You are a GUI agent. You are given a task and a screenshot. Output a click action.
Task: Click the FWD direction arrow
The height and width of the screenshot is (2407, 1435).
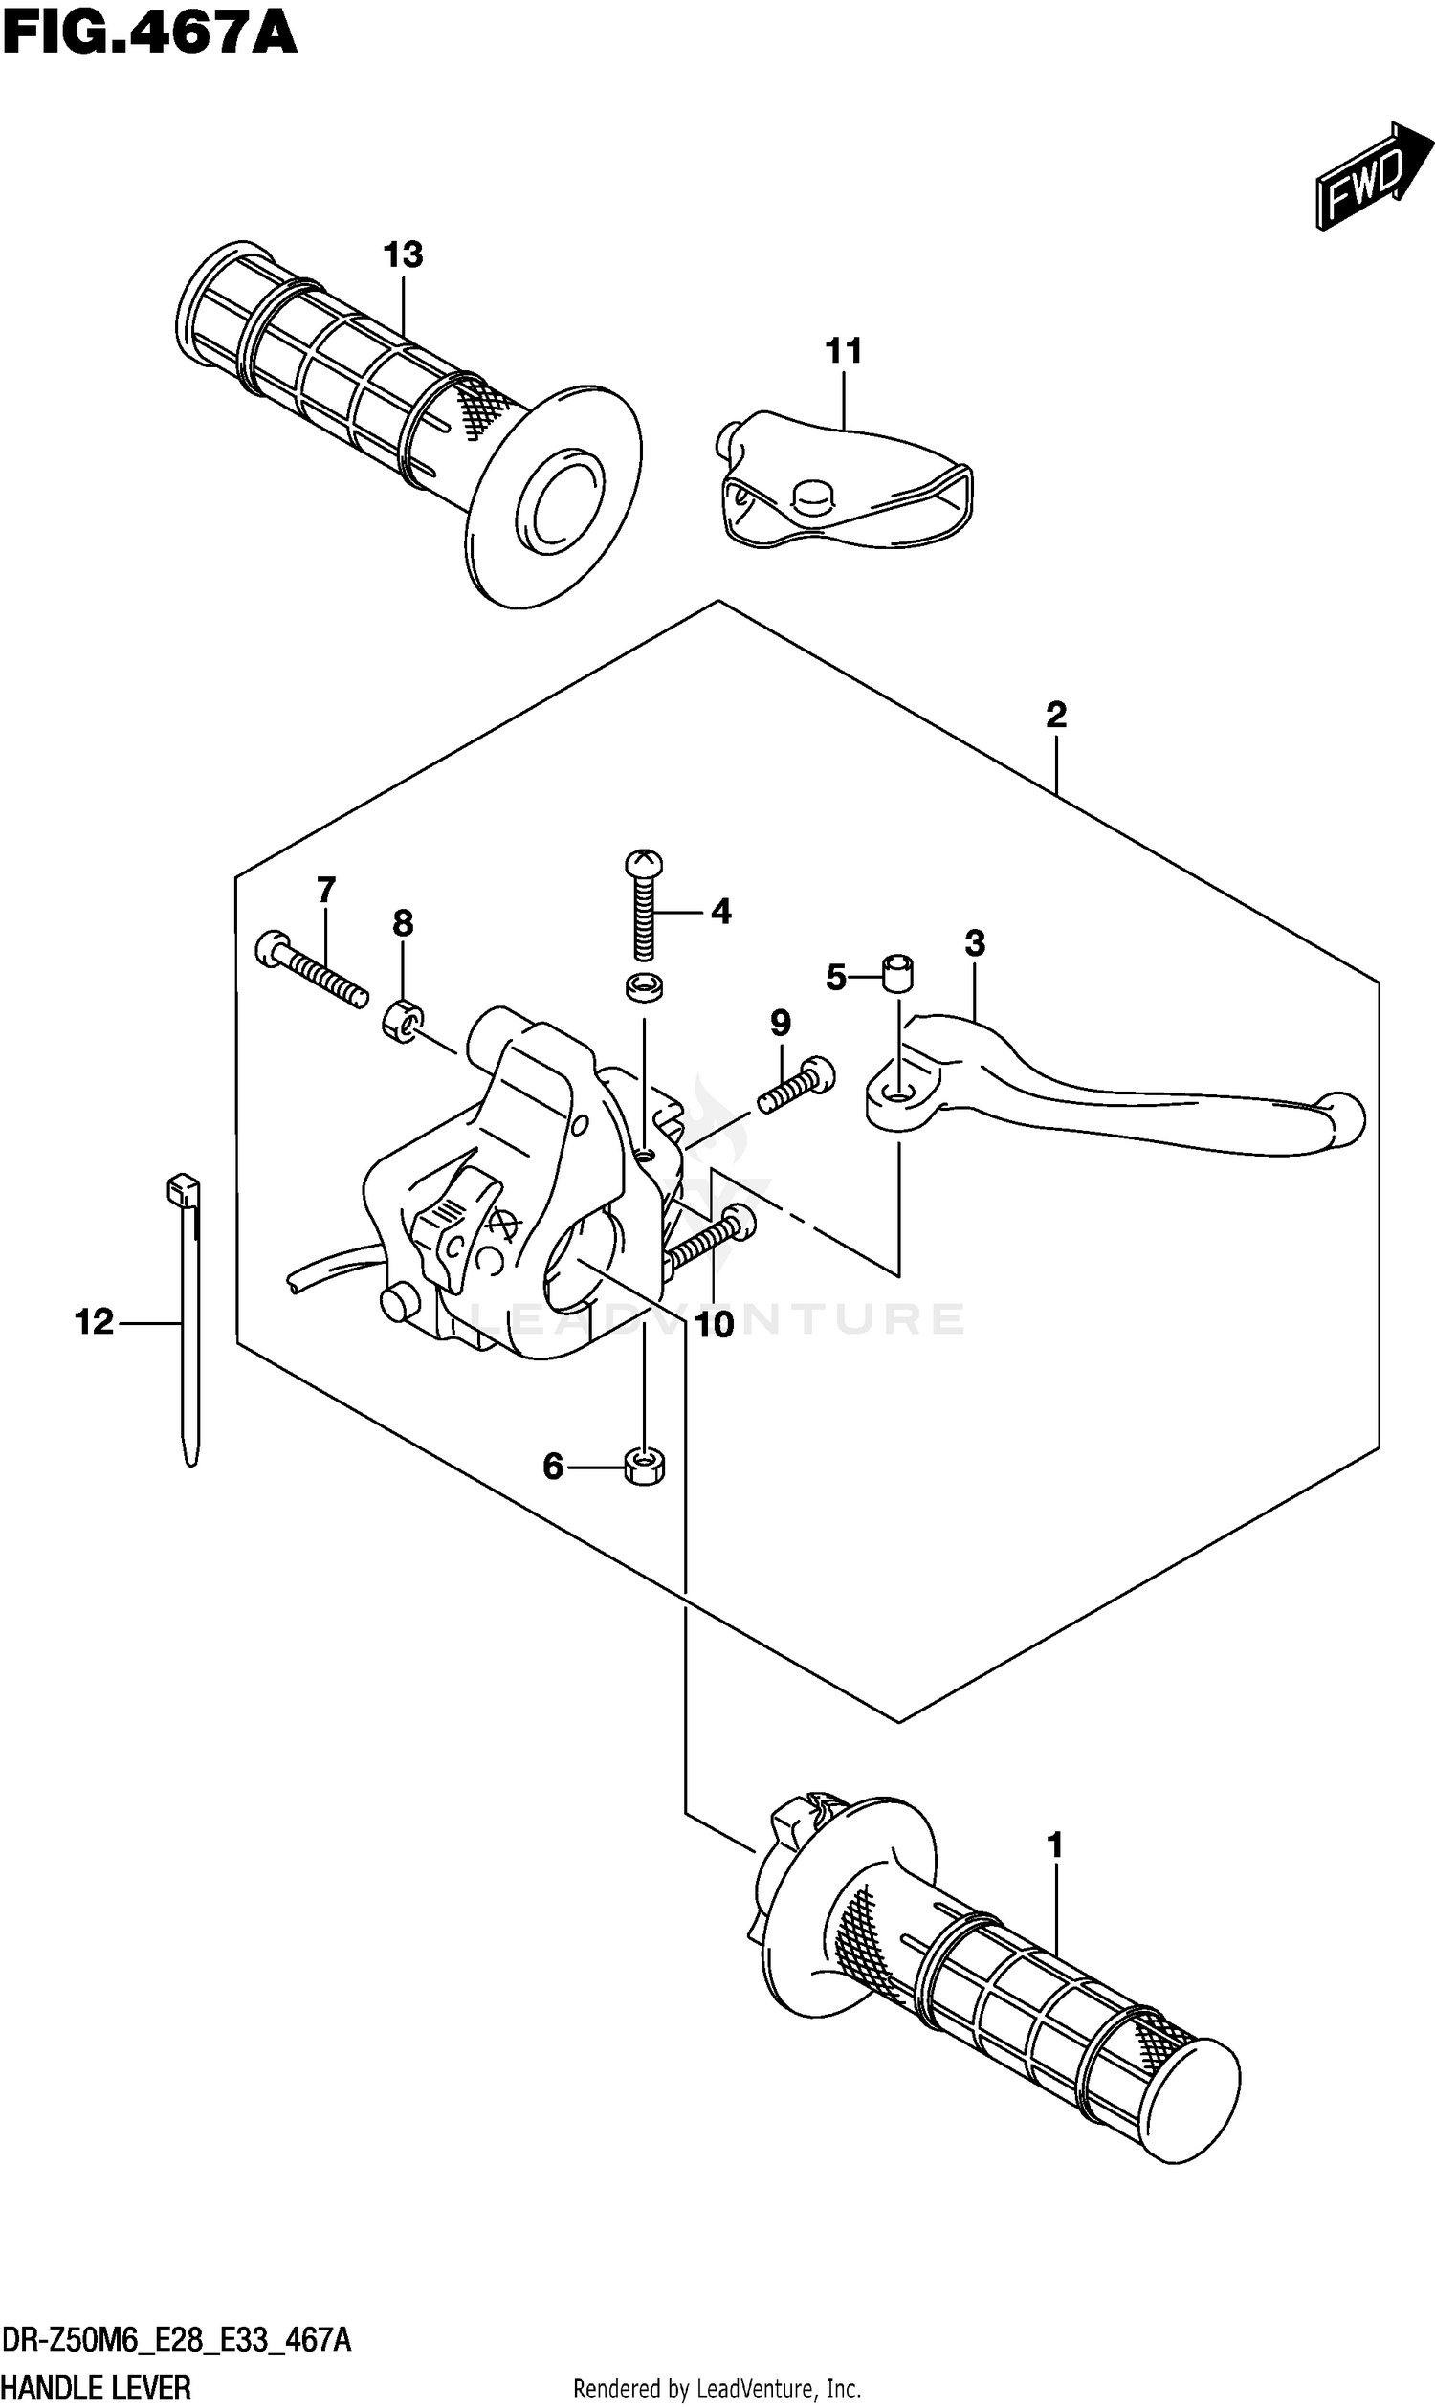point(1372,177)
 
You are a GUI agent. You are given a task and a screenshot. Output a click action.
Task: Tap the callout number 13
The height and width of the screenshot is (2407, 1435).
point(402,255)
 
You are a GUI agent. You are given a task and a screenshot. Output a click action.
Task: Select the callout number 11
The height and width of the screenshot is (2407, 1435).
point(843,351)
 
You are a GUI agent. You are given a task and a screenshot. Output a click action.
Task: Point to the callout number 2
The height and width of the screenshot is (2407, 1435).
point(1056,716)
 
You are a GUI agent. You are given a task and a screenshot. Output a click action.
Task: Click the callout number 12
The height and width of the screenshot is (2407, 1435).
point(94,1321)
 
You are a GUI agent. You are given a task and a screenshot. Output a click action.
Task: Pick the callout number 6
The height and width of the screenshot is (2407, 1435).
point(553,1467)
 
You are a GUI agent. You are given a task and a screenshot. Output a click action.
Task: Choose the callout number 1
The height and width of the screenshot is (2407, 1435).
point(1055,1845)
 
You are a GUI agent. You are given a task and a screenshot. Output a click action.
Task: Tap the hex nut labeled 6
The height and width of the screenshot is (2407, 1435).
point(644,1468)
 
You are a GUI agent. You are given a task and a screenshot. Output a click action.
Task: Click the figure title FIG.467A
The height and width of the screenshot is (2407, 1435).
point(150,35)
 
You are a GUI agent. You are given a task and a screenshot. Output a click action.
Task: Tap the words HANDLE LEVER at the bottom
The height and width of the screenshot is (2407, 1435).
point(97,2387)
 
